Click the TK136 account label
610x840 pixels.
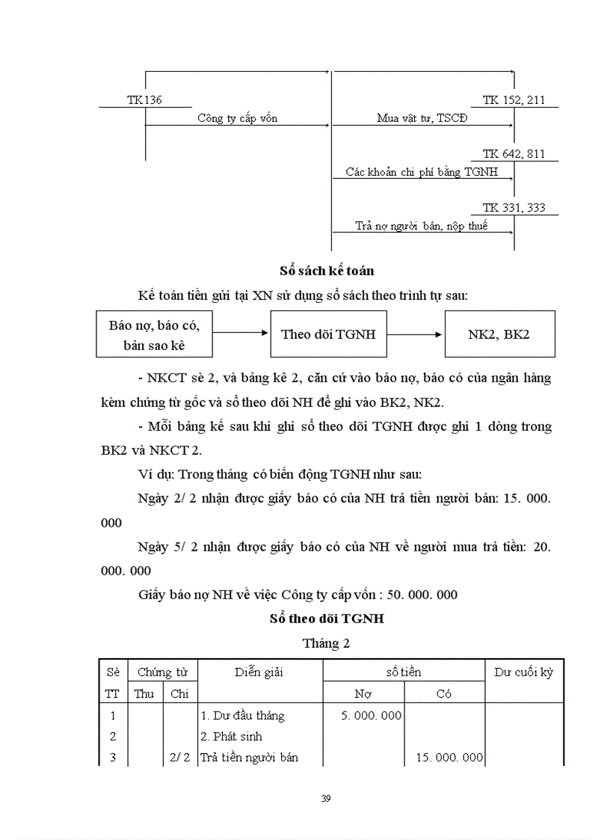[144, 99]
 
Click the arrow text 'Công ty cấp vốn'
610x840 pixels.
[238, 118]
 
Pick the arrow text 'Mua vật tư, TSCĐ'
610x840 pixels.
[422, 118]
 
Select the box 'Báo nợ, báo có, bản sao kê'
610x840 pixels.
[154, 334]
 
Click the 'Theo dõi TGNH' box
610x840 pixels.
[328, 334]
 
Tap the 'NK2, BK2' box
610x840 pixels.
[499, 334]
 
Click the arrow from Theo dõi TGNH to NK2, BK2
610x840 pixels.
[415, 334]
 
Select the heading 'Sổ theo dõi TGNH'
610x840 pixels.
[327, 619]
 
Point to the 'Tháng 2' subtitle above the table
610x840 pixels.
[326, 643]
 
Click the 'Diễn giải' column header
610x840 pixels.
[259, 672]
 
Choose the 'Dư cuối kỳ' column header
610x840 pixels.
[523, 672]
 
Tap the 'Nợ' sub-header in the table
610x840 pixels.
[363, 693]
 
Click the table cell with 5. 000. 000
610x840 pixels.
[372, 716]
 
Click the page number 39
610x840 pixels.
[326, 799]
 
